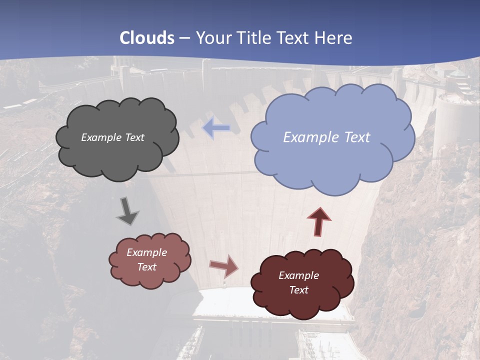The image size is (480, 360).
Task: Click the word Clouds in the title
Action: tap(147, 38)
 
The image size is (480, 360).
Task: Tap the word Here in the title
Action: tap(334, 38)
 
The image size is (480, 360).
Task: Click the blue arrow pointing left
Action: tap(216, 128)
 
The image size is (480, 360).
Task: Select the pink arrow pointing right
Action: tap(224, 265)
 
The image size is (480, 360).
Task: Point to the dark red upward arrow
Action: tap(319, 221)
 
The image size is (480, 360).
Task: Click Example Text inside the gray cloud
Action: tap(112, 137)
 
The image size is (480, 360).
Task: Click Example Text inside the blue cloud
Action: tap(326, 137)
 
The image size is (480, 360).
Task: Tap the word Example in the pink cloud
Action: tap(146, 252)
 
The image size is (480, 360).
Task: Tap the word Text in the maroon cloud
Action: tap(298, 290)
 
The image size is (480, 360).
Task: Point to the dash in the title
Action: tap(184, 38)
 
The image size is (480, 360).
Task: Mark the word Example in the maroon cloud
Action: tap(298, 275)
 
